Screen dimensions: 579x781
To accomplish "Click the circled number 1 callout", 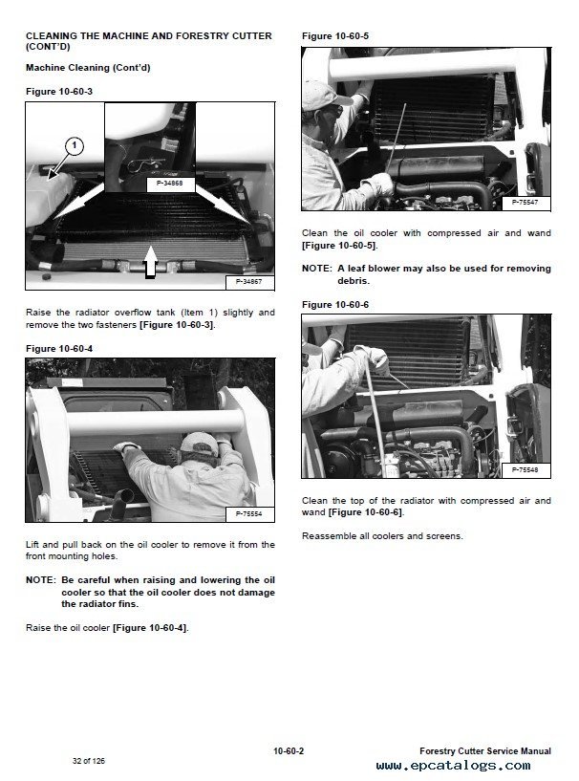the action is coord(75,146).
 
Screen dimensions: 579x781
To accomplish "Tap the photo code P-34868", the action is coord(170,184).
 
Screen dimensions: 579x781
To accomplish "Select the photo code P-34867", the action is coord(249,281).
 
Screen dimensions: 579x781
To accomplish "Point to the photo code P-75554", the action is coord(249,513).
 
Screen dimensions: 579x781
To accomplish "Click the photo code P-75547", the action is coord(525,203).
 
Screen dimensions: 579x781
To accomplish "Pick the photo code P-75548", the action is coord(525,469).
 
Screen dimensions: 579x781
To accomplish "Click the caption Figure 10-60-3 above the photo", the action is coord(59,92).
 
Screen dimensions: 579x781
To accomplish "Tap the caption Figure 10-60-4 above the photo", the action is coord(59,349).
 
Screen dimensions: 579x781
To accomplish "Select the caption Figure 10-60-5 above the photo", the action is coord(335,36).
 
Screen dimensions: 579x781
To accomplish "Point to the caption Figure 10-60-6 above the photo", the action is coord(335,304).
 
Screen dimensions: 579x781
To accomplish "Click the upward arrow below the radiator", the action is coord(150,262).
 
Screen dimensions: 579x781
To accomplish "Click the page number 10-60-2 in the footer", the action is coord(289,750).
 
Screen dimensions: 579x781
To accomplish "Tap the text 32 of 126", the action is coord(89,761).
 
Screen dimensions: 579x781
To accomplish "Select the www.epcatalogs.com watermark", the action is coord(454,766).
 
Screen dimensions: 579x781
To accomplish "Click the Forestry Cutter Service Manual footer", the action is coord(485,750).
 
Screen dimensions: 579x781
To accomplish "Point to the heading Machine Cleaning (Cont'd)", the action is coord(88,68).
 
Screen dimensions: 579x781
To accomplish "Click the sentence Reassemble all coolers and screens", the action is coord(382,536).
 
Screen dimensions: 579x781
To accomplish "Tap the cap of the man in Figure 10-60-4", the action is coord(199,443).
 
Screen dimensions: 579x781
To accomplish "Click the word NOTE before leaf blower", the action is coord(316,269).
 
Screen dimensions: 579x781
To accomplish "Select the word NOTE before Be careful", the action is coord(40,580).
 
